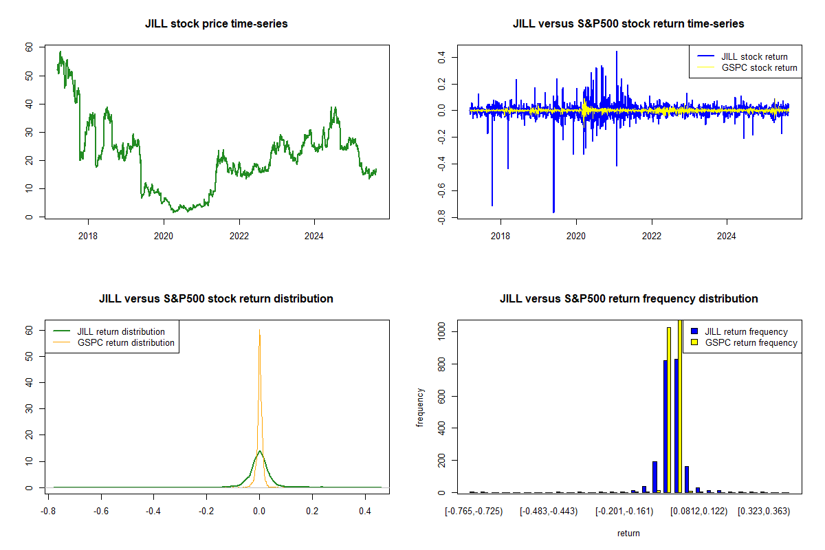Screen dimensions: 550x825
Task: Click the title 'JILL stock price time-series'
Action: (216, 23)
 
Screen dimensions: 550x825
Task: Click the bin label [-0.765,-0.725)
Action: (474, 511)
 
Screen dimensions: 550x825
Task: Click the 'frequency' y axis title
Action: (420, 408)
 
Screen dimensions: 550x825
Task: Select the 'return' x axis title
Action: (628, 533)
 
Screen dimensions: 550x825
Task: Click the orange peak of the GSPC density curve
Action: (259, 331)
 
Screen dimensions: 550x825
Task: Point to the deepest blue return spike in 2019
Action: (553, 212)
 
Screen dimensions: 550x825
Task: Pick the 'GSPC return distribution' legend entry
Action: (126, 342)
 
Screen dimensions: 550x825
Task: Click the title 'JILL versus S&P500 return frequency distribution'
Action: (628, 298)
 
